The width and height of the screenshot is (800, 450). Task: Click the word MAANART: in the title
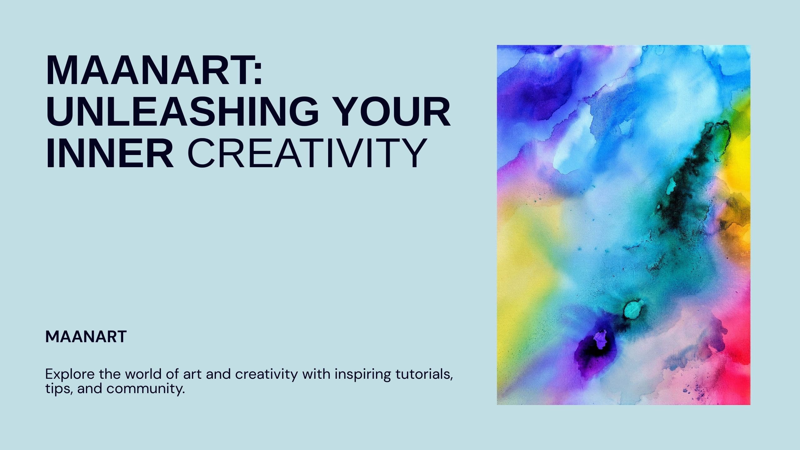[x=154, y=71]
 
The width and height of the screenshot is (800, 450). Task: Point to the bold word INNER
[x=110, y=153]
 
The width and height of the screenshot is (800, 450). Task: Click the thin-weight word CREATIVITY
[x=307, y=153]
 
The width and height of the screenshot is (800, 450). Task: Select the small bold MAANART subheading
[x=86, y=337]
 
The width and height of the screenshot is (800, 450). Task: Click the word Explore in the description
[x=70, y=374]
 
